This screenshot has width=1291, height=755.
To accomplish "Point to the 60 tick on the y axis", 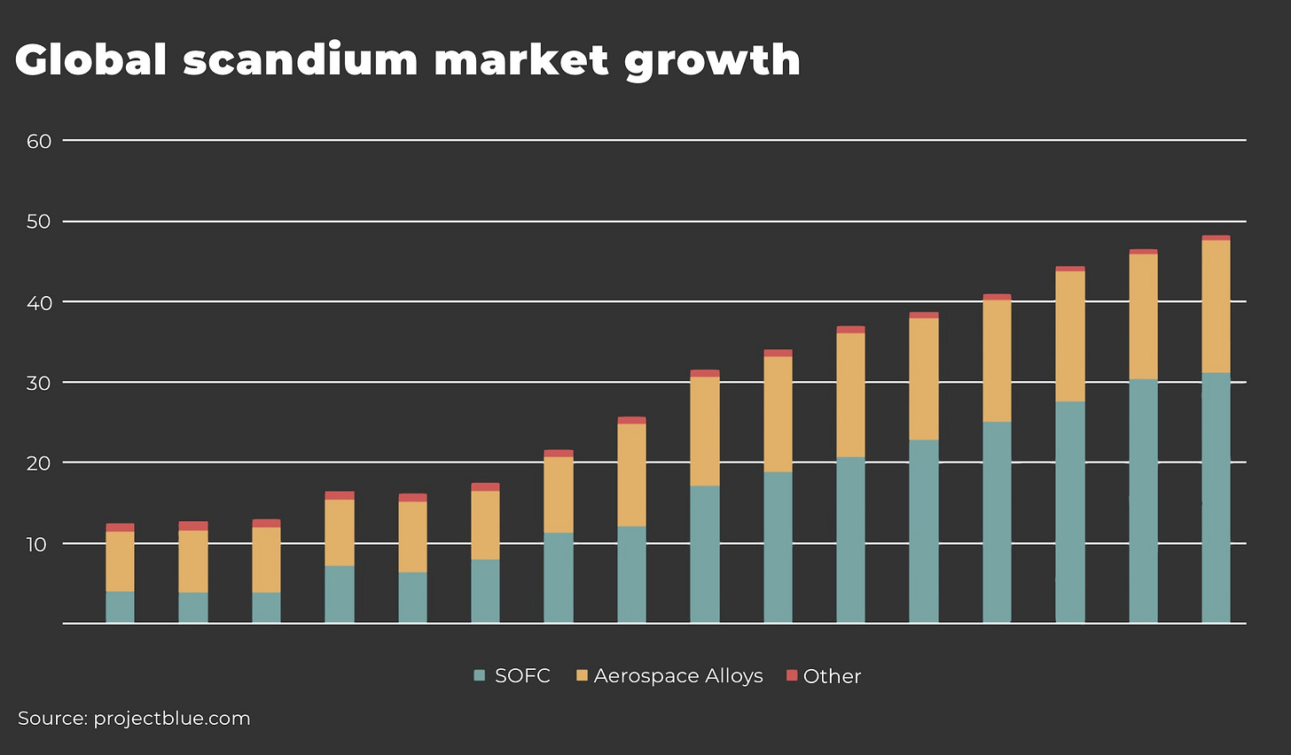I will pos(39,141).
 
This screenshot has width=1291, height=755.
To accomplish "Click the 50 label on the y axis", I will pos(39,222).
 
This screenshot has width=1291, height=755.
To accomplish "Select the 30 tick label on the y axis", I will pos(39,383).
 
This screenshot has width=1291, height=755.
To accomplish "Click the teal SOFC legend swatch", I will pos(480,675).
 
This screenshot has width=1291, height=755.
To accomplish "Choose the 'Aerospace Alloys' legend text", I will pos(678,675).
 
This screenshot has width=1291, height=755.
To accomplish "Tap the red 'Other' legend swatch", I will pos(792,675).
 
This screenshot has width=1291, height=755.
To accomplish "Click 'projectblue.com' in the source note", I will pos(172,718).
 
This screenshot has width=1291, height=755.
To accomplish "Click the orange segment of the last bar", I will pos(1216,306).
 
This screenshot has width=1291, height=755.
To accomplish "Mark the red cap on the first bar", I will pos(120,527).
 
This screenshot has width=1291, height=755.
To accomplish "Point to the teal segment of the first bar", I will pos(120,607).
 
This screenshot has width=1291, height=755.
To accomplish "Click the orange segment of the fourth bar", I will pos(339,532).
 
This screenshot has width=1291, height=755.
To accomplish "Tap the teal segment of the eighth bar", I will pos(631,574).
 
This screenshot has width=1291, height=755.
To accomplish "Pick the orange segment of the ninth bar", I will pos(705,431).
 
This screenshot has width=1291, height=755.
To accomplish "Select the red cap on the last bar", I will pos(1216,237).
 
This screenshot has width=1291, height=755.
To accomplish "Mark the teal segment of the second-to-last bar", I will pos(1143,501).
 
